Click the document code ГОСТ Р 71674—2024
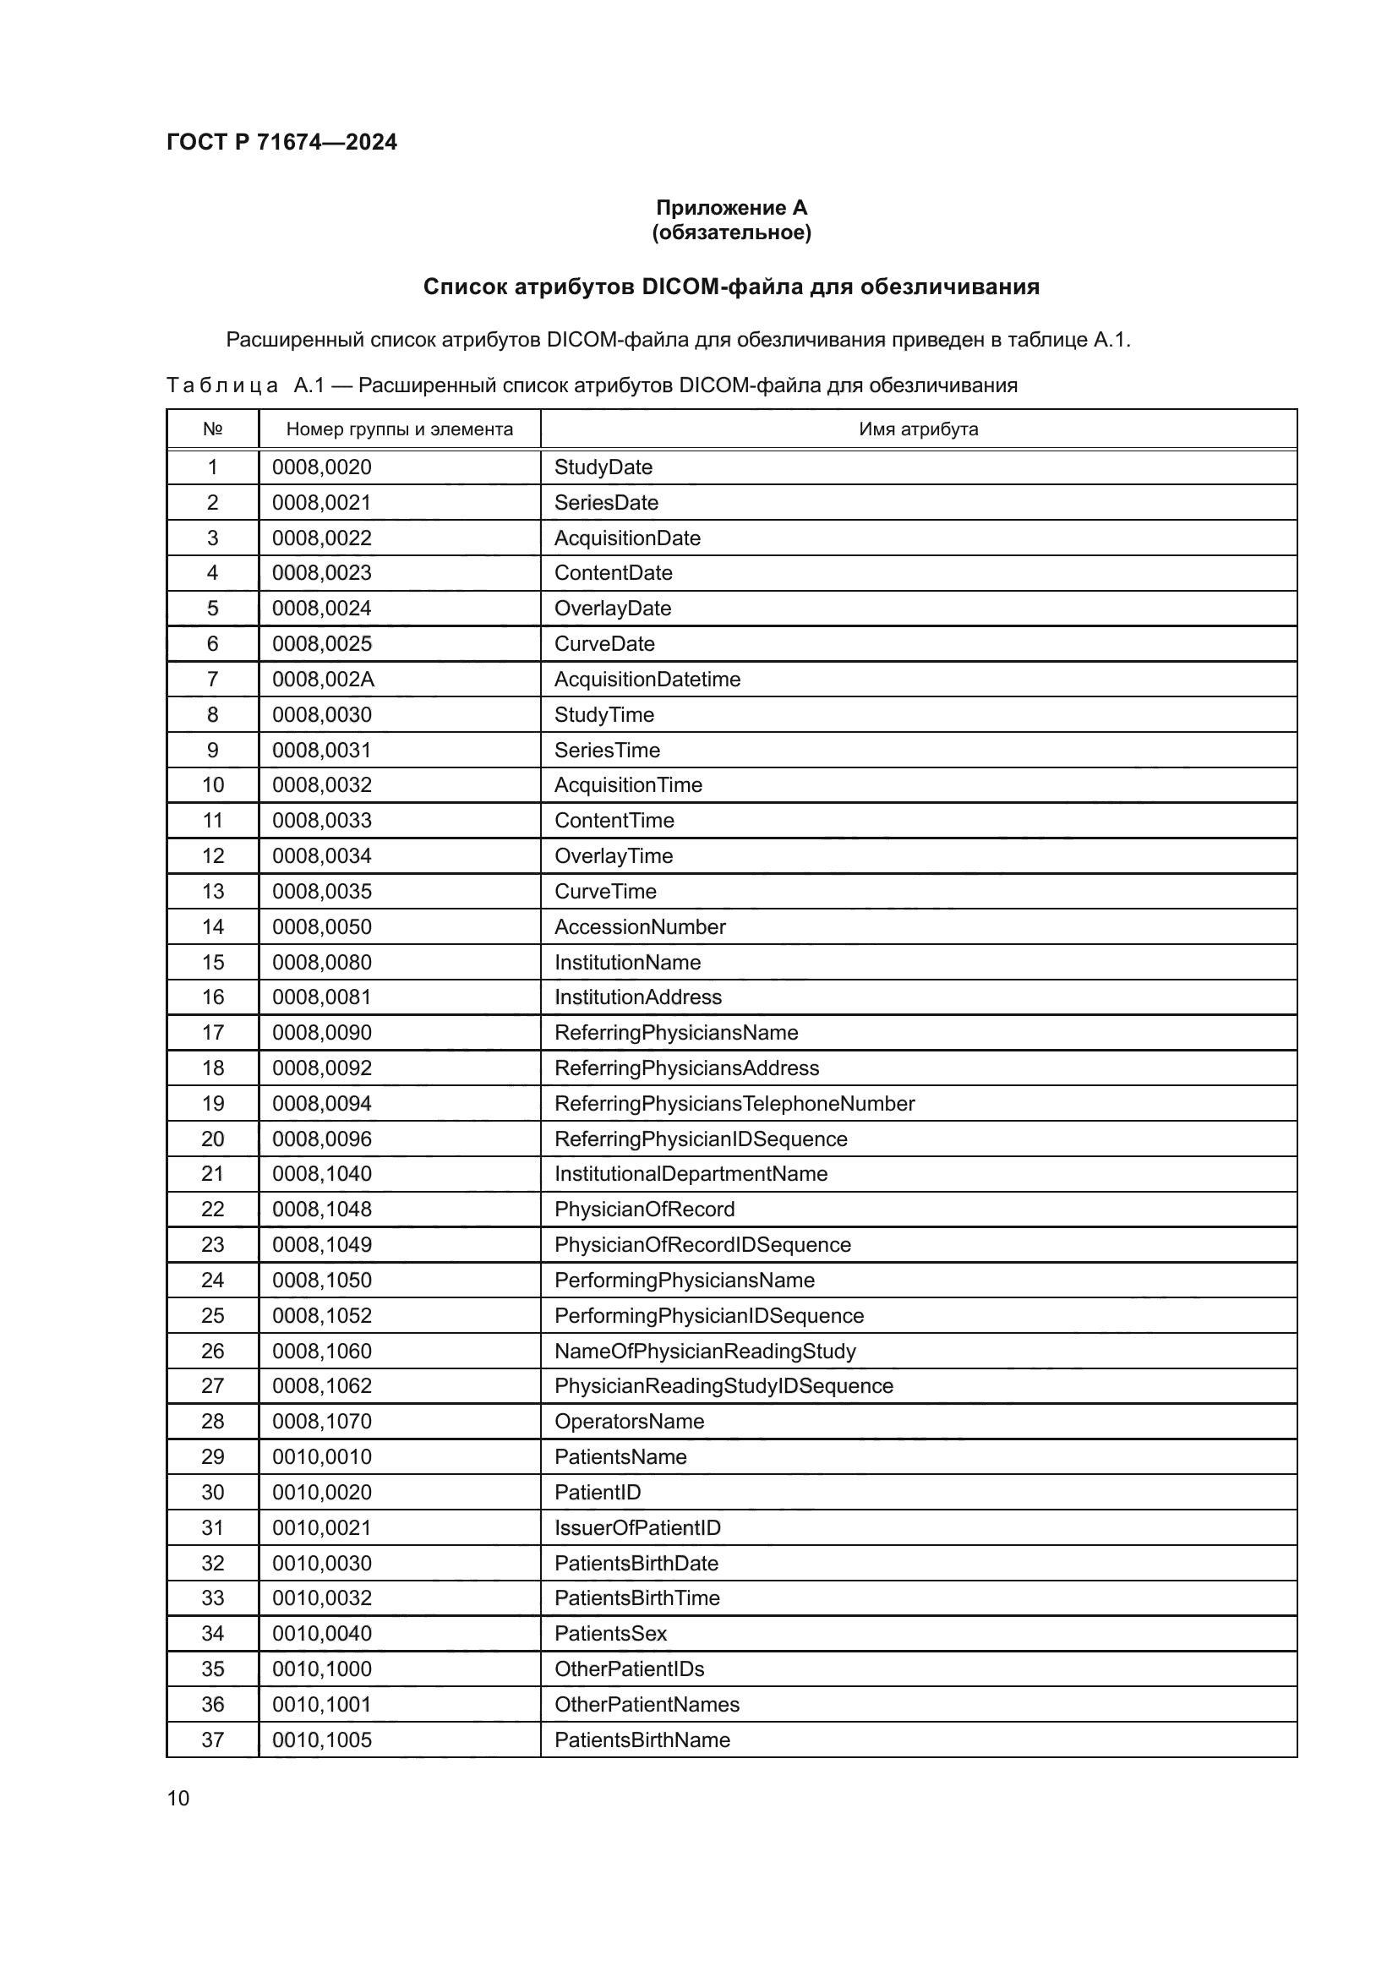click(281, 142)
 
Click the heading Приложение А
click(731, 208)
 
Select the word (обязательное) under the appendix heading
click(731, 232)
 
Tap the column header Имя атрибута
click(918, 429)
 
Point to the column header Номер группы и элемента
click(400, 429)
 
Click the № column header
click(213, 429)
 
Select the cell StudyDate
click(603, 467)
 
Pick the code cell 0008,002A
click(323, 680)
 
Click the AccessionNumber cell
click(640, 927)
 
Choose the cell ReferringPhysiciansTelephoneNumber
click(734, 1104)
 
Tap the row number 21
click(213, 1175)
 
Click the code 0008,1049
click(322, 1245)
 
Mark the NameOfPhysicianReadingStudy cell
click(705, 1351)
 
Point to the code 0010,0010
click(322, 1457)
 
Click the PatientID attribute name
click(598, 1492)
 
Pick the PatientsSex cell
click(610, 1634)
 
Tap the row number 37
click(213, 1739)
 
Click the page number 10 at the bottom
click(178, 1798)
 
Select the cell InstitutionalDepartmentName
click(691, 1175)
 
